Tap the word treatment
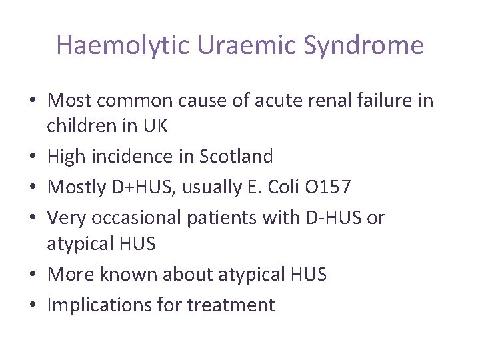(x=231, y=305)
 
